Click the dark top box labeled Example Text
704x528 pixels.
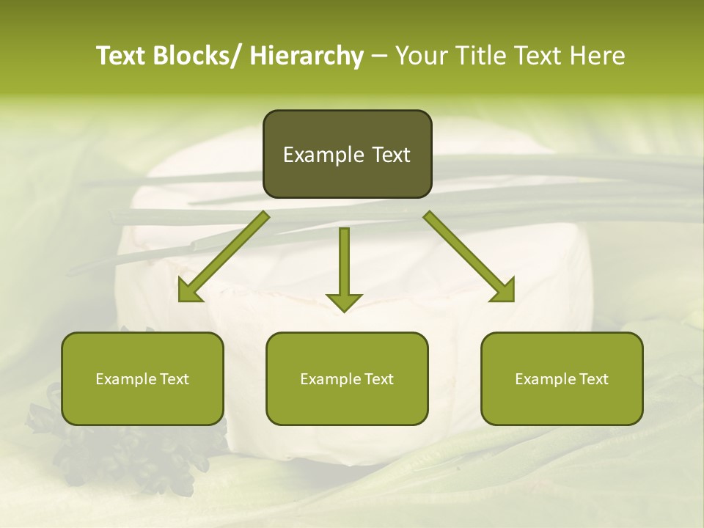347,154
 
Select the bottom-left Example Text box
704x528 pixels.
142,378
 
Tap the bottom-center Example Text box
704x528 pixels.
347,378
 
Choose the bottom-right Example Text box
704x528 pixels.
562,378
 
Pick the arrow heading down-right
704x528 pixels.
469,257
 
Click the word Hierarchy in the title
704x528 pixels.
307,56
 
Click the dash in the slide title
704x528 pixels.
379,56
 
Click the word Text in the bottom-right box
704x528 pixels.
593,378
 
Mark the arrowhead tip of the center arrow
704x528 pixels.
344,310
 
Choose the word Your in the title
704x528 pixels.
421,56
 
